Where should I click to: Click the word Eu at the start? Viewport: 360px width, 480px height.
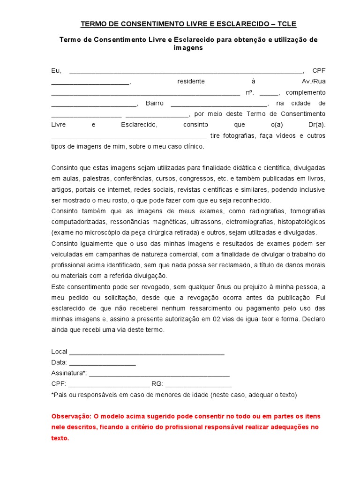point(56,71)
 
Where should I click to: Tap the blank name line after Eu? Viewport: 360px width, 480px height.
point(186,73)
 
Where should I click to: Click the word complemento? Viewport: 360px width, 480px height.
point(305,92)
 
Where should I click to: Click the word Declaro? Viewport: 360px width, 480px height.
point(313,319)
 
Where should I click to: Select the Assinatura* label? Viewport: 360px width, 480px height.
point(68,373)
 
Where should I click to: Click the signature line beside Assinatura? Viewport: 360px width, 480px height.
point(159,375)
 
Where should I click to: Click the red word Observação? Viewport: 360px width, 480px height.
point(71,416)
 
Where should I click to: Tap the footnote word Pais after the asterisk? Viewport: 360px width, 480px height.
point(60,395)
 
